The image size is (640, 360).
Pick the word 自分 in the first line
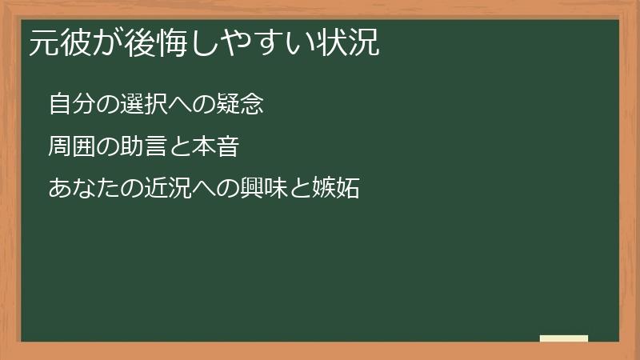pyautogui.click(x=70, y=105)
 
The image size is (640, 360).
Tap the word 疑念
pyautogui.click(x=243, y=105)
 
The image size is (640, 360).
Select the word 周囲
pyautogui.click(x=70, y=147)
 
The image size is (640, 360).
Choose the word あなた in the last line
pyautogui.click(x=80, y=190)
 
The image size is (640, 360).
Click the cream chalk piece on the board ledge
pyautogui.click(x=564, y=338)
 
